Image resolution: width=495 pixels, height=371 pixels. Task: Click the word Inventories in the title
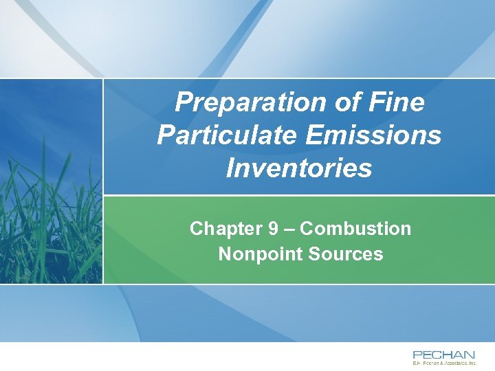(299, 168)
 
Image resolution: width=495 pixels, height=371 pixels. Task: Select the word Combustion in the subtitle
(356, 229)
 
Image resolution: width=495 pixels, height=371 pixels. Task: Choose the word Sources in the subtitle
(346, 254)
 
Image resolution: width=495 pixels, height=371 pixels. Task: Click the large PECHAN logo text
(443, 355)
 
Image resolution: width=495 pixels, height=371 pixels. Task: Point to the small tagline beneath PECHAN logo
(443, 362)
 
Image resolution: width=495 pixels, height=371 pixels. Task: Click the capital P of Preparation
(184, 103)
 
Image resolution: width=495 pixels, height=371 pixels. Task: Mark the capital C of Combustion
(307, 229)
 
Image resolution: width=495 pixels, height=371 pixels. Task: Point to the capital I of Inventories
(230, 168)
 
